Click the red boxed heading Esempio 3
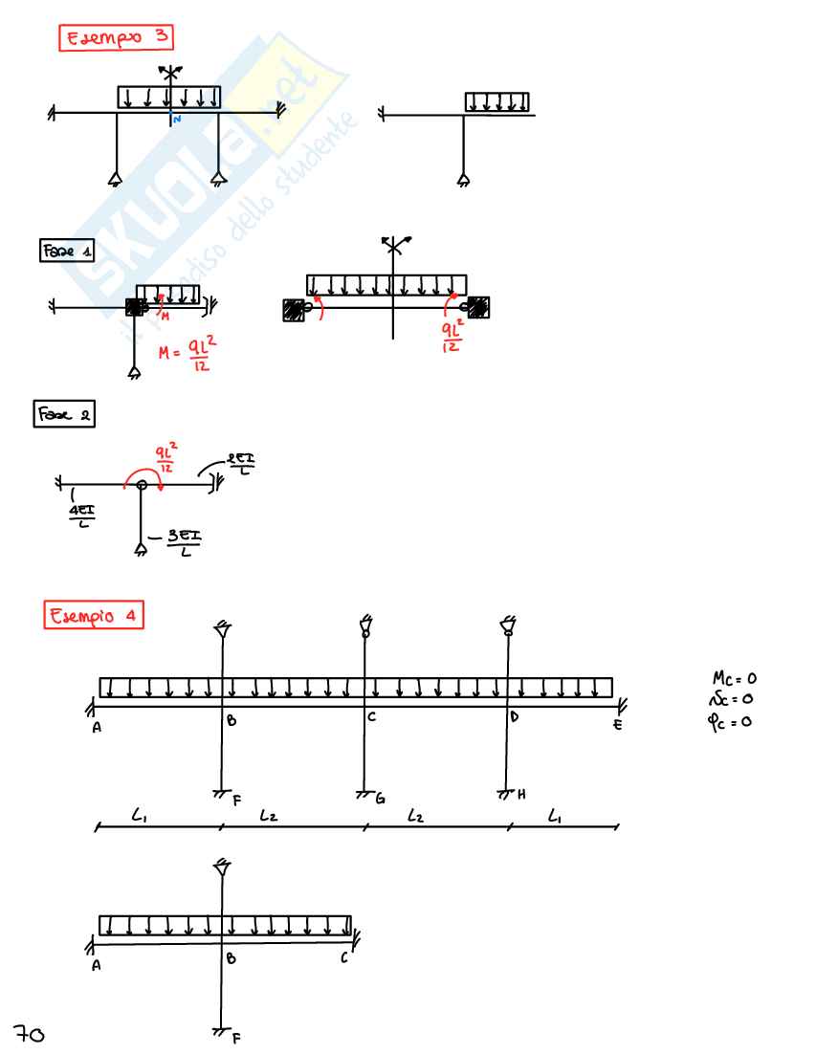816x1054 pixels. pyautogui.click(x=117, y=39)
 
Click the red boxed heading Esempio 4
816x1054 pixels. pyautogui.click(x=94, y=616)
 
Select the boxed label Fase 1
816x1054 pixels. pyautogui.click(x=67, y=251)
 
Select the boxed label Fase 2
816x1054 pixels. pyautogui.click(x=64, y=415)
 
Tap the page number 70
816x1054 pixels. pyautogui.click(x=30, y=1032)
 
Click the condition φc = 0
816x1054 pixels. pyautogui.click(x=733, y=721)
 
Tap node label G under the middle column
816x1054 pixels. pyautogui.click(x=380, y=798)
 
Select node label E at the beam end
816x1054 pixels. pyautogui.click(x=618, y=726)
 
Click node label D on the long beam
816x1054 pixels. pyautogui.click(x=515, y=717)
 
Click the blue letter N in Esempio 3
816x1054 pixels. pyautogui.click(x=177, y=120)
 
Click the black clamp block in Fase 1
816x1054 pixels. pyautogui.click(x=135, y=307)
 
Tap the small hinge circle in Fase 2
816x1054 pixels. pyautogui.click(x=142, y=486)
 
